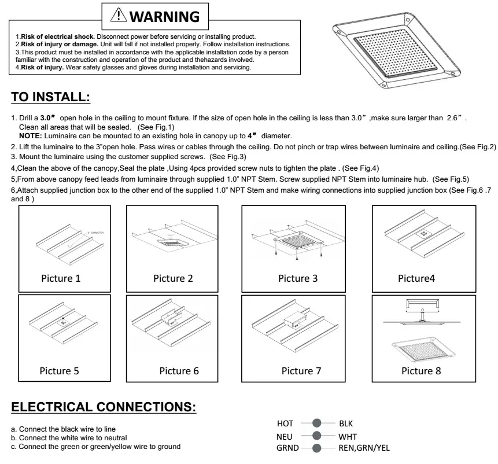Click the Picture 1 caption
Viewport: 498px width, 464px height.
(x=61, y=278)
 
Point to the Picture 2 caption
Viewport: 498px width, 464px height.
(x=173, y=278)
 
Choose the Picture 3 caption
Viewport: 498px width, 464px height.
(x=298, y=278)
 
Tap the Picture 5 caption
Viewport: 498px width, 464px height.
(x=59, y=370)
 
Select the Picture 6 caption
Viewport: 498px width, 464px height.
(x=179, y=370)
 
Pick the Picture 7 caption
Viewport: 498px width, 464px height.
(x=301, y=370)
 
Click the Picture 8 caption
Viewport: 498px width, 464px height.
(x=421, y=370)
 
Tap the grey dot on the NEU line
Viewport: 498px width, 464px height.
(x=316, y=436)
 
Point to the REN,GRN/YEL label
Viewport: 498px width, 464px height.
(x=367, y=448)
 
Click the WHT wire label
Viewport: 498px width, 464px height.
(x=348, y=436)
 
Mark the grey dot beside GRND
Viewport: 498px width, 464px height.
(x=316, y=448)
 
